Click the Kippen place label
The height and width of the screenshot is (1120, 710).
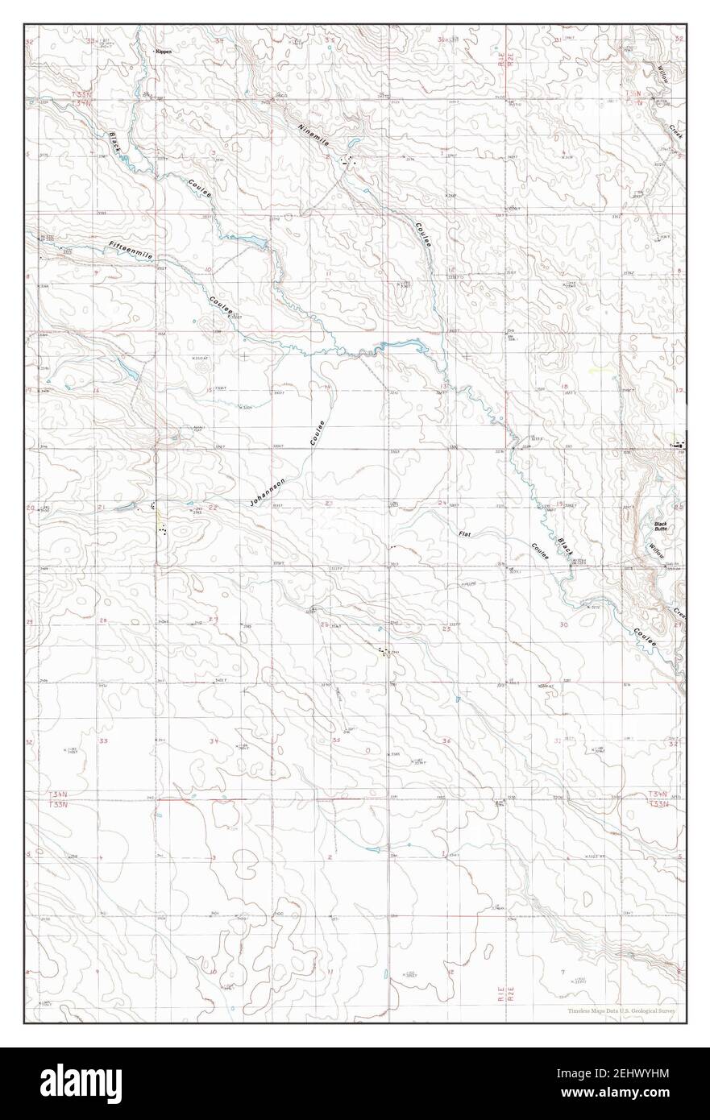tap(164, 51)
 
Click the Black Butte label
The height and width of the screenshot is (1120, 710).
tap(661, 526)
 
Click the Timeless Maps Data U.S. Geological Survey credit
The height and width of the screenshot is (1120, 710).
tap(621, 1010)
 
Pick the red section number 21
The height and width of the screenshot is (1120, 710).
tap(100, 507)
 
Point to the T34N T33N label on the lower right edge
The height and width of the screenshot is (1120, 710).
tap(659, 799)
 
